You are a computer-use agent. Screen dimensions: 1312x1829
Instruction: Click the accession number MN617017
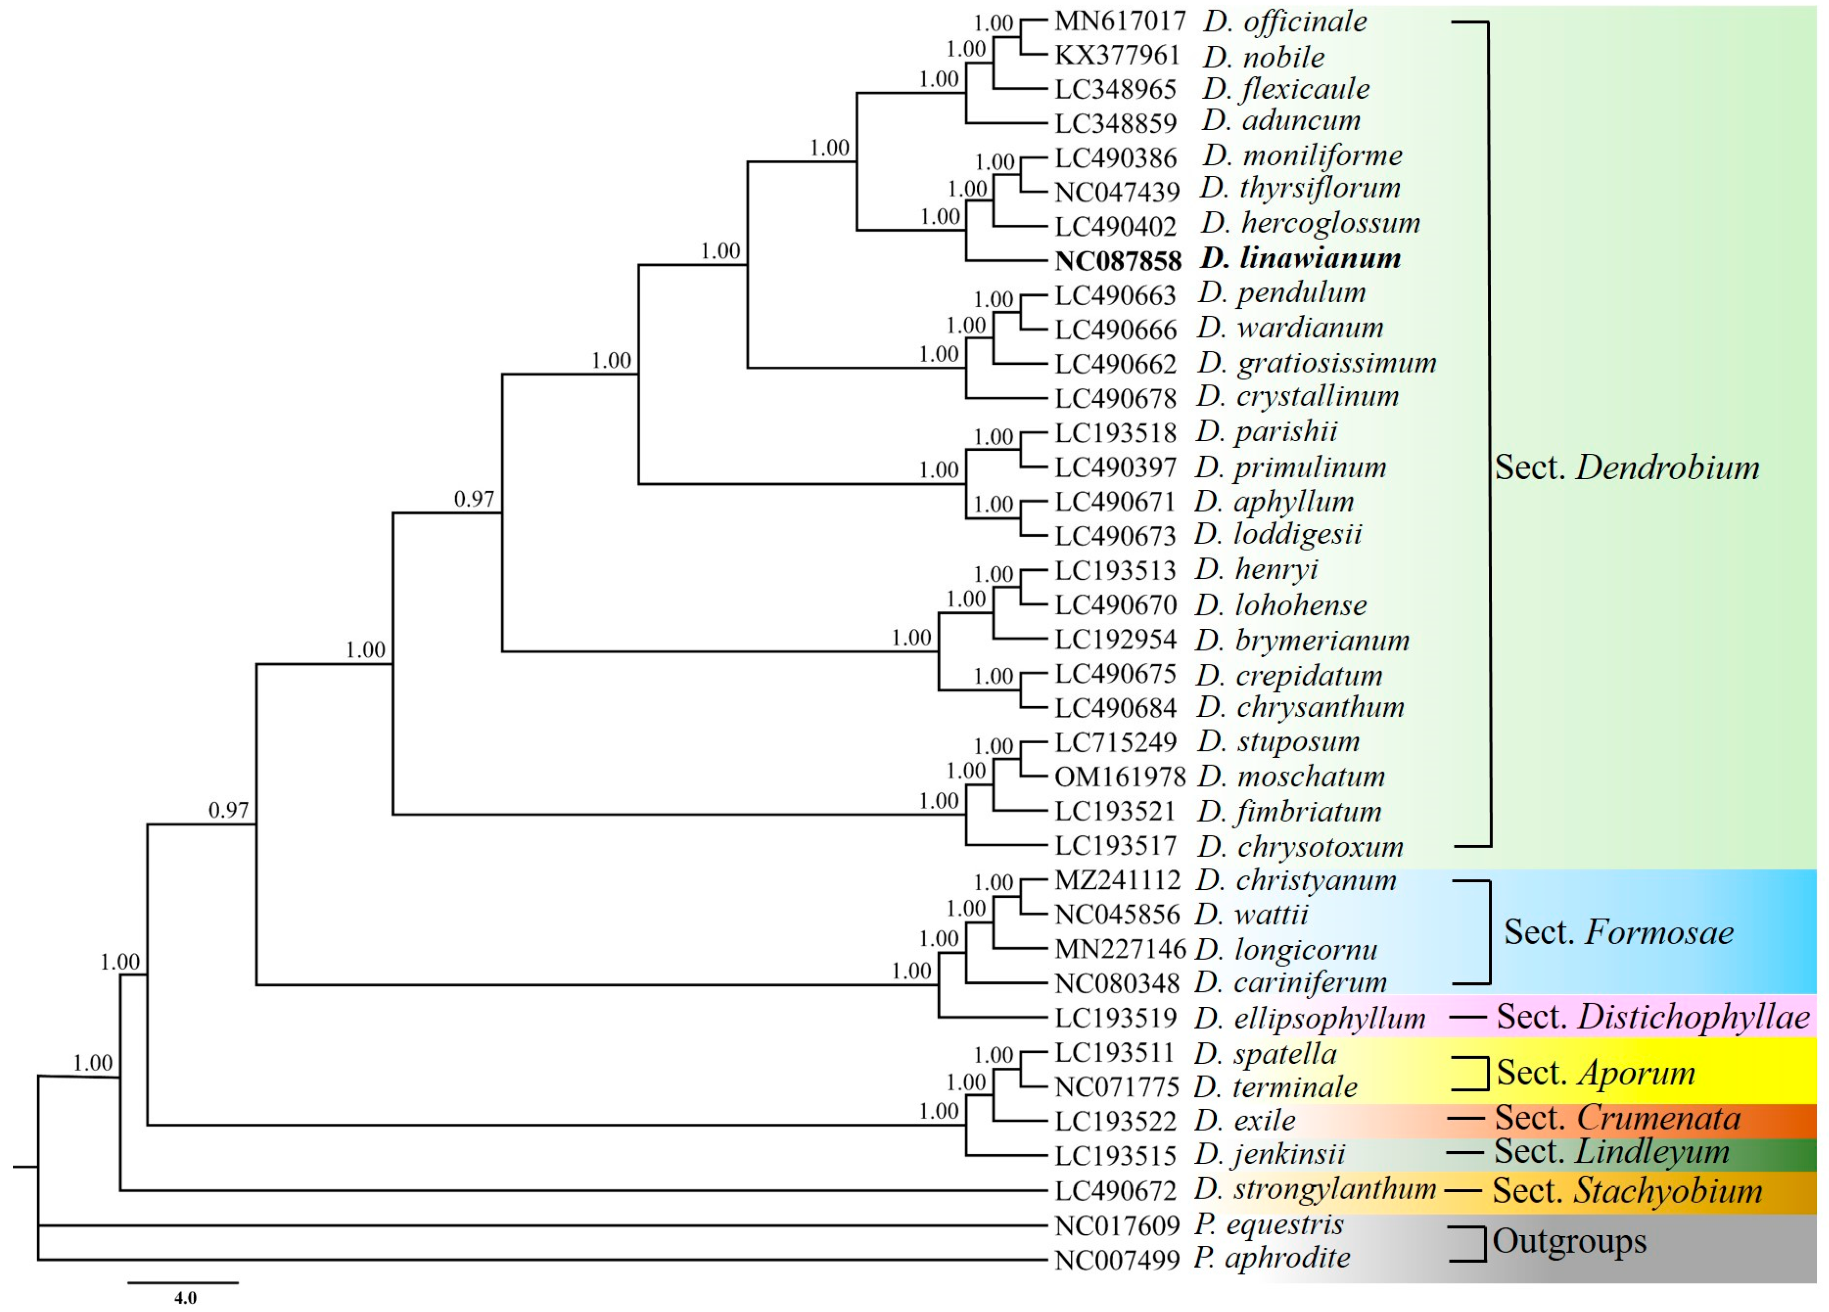(1119, 20)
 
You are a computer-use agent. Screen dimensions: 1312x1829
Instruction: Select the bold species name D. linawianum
(1301, 259)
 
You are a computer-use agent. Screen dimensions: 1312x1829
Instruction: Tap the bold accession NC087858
(1118, 260)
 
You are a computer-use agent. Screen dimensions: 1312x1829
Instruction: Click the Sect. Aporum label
(1596, 1072)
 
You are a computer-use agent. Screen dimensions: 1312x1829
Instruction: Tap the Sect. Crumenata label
(1617, 1118)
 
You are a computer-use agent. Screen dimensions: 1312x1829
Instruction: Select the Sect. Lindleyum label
(1611, 1151)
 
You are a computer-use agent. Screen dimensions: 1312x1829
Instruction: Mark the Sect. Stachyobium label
(1627, 1190)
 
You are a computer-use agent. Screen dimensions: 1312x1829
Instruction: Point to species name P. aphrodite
(1272, 1258)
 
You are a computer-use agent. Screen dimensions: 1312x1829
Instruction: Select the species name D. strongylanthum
(1314, 1188)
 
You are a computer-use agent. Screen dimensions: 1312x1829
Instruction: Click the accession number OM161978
(1119, 776)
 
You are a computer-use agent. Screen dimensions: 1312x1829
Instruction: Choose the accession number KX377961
(1117, 55)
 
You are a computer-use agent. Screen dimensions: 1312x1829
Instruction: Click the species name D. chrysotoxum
(1301, 847)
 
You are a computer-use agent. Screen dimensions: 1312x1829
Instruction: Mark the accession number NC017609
(1117, 1226)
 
